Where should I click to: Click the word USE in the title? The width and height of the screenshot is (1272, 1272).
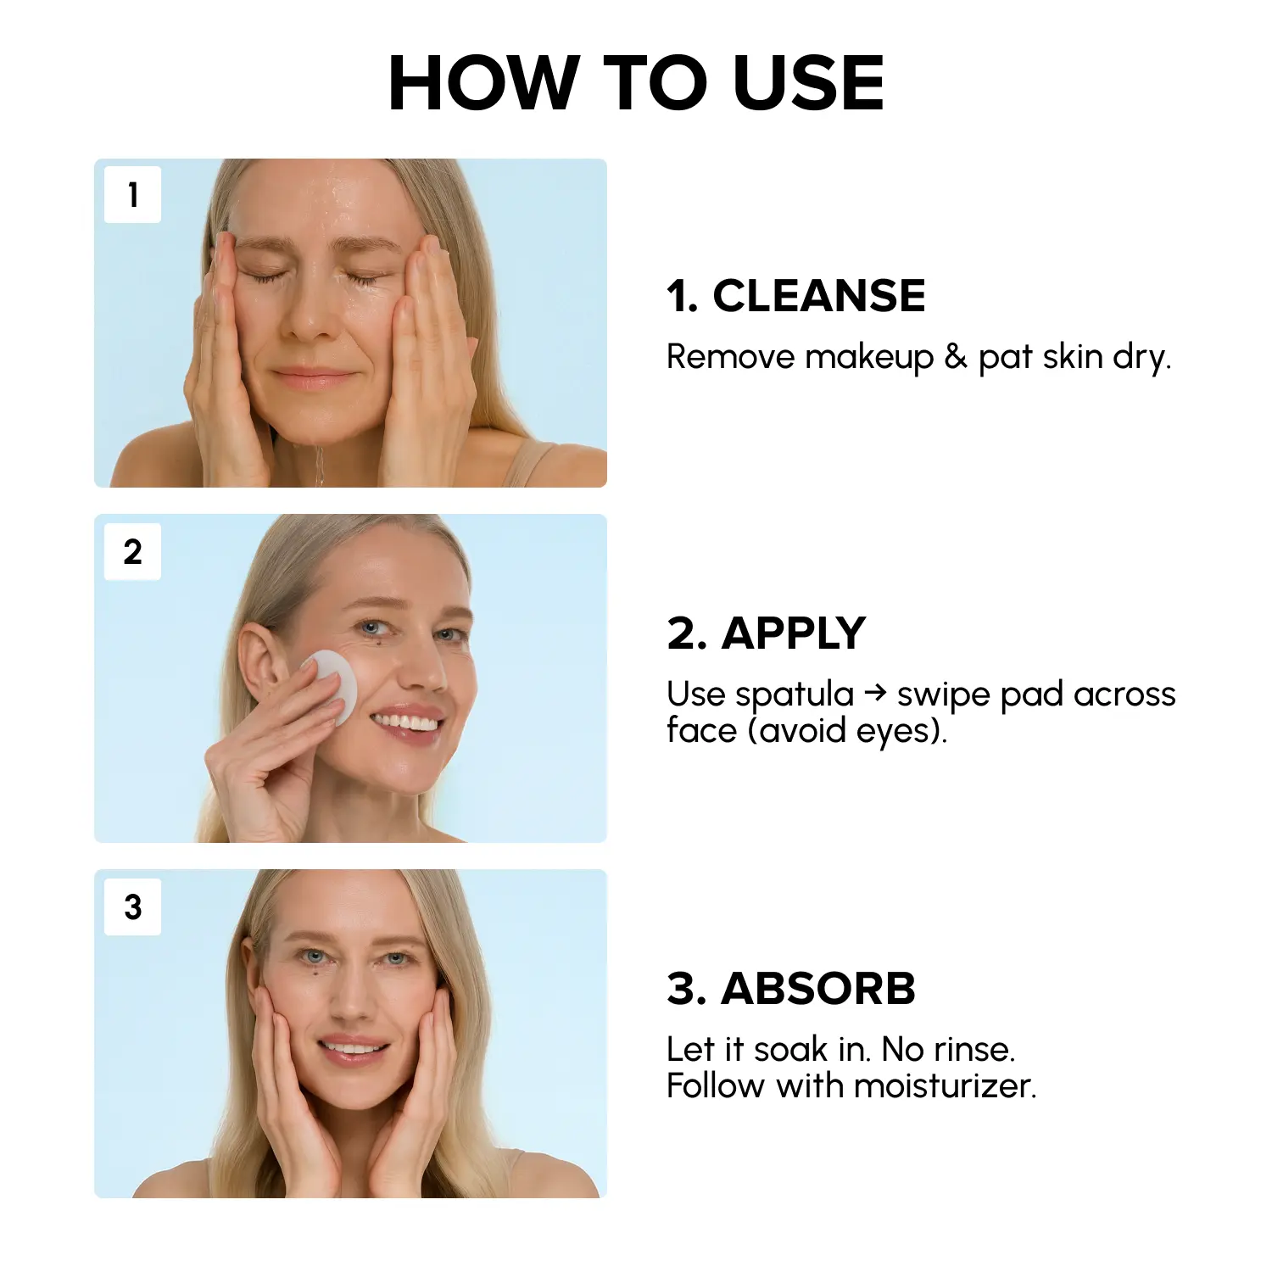[808, 82]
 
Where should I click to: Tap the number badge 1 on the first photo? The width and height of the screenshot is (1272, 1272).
[132, 195]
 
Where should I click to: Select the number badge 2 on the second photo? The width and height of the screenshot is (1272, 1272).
[132, 552]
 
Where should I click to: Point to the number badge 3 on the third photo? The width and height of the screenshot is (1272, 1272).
[132, 907]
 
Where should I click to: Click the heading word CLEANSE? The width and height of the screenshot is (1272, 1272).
[819, 296]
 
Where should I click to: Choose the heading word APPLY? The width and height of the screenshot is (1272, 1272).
[793, 633]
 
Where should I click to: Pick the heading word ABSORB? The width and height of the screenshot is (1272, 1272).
[818, 989]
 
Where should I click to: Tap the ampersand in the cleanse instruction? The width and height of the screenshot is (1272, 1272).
[956, 357]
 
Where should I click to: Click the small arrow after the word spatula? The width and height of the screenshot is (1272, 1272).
[876, 694]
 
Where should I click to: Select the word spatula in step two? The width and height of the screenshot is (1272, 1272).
[795, 695]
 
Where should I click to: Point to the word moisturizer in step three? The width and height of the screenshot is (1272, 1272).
[945, 1086]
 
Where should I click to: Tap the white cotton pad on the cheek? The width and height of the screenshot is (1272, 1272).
[329, 686]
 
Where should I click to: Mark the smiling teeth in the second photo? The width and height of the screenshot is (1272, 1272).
[406, 722]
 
